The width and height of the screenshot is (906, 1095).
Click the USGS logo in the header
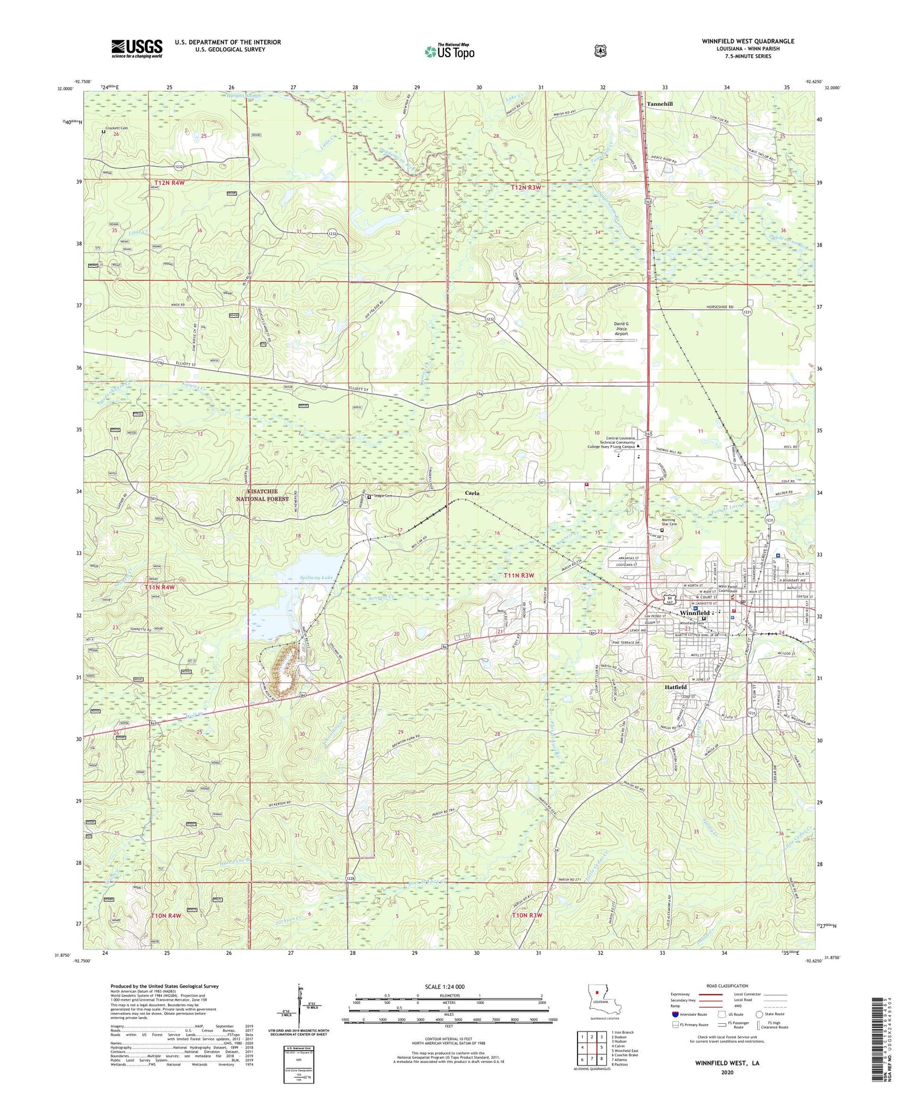137,48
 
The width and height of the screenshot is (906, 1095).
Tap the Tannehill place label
660,104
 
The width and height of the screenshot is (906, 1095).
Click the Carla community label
472,493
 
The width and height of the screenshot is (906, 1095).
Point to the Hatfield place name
675,687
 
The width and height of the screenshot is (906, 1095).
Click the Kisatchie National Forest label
262,495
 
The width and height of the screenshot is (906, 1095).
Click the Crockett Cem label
117,128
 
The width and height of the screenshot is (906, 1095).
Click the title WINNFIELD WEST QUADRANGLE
748,41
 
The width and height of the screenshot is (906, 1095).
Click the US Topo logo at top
449,51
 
